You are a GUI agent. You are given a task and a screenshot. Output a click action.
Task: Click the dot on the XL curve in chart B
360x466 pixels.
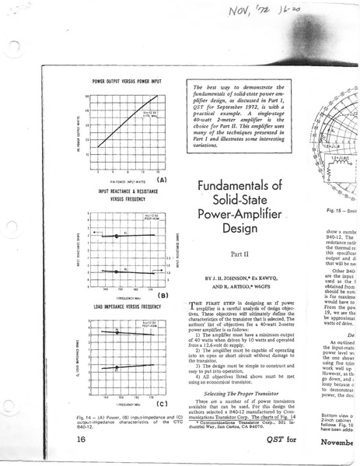coord(116,234)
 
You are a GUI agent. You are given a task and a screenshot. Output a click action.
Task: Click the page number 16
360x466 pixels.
coord(82,440)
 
